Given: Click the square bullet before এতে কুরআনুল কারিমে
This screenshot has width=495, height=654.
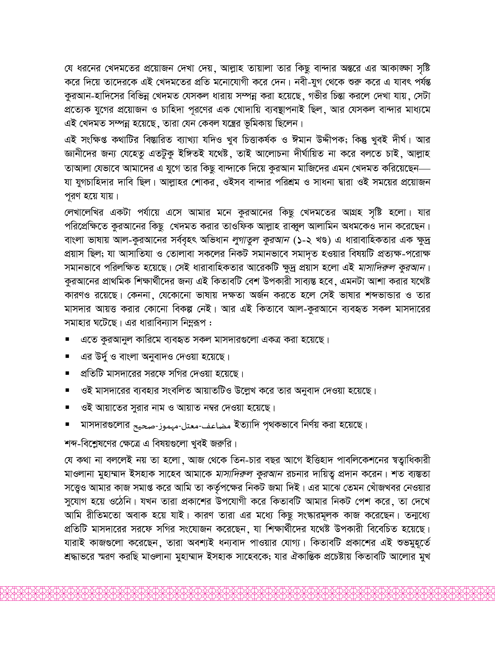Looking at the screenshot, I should (x=67, y=340).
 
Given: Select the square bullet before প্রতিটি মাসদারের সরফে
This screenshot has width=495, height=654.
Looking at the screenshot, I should (x=67, y=374).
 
